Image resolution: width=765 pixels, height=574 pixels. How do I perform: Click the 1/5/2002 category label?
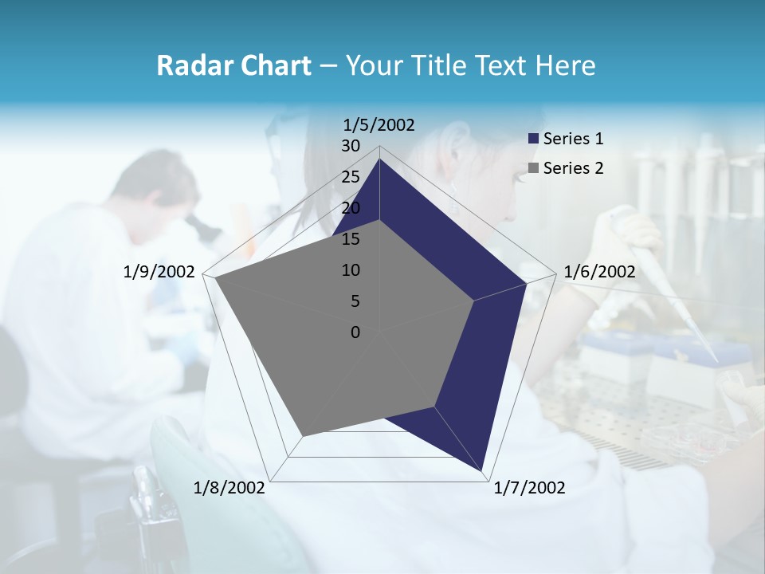379,124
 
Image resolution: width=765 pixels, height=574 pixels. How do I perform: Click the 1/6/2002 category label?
599,272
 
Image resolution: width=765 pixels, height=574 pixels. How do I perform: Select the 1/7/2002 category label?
529,488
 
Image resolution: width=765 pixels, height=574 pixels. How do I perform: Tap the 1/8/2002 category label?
229,488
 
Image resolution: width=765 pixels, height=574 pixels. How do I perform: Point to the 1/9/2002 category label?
159,272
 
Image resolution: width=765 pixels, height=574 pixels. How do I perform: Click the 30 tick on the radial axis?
351,146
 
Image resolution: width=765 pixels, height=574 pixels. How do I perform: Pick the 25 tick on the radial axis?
351,177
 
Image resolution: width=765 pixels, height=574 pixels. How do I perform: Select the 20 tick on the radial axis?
351,208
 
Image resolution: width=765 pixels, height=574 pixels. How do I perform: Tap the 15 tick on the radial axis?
351,239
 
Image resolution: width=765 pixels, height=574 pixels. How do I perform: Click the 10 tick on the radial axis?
351,270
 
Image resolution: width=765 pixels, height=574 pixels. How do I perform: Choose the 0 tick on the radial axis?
355,332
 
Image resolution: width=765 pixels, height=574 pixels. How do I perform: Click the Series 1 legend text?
573,139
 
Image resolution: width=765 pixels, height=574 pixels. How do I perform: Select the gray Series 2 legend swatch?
534,168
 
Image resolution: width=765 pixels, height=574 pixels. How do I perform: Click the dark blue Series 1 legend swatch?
534,139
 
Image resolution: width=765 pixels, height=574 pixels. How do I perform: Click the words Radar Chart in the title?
233,66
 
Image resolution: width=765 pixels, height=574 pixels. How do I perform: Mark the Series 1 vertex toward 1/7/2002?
481,470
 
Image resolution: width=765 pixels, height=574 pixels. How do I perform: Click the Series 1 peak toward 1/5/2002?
380,159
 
